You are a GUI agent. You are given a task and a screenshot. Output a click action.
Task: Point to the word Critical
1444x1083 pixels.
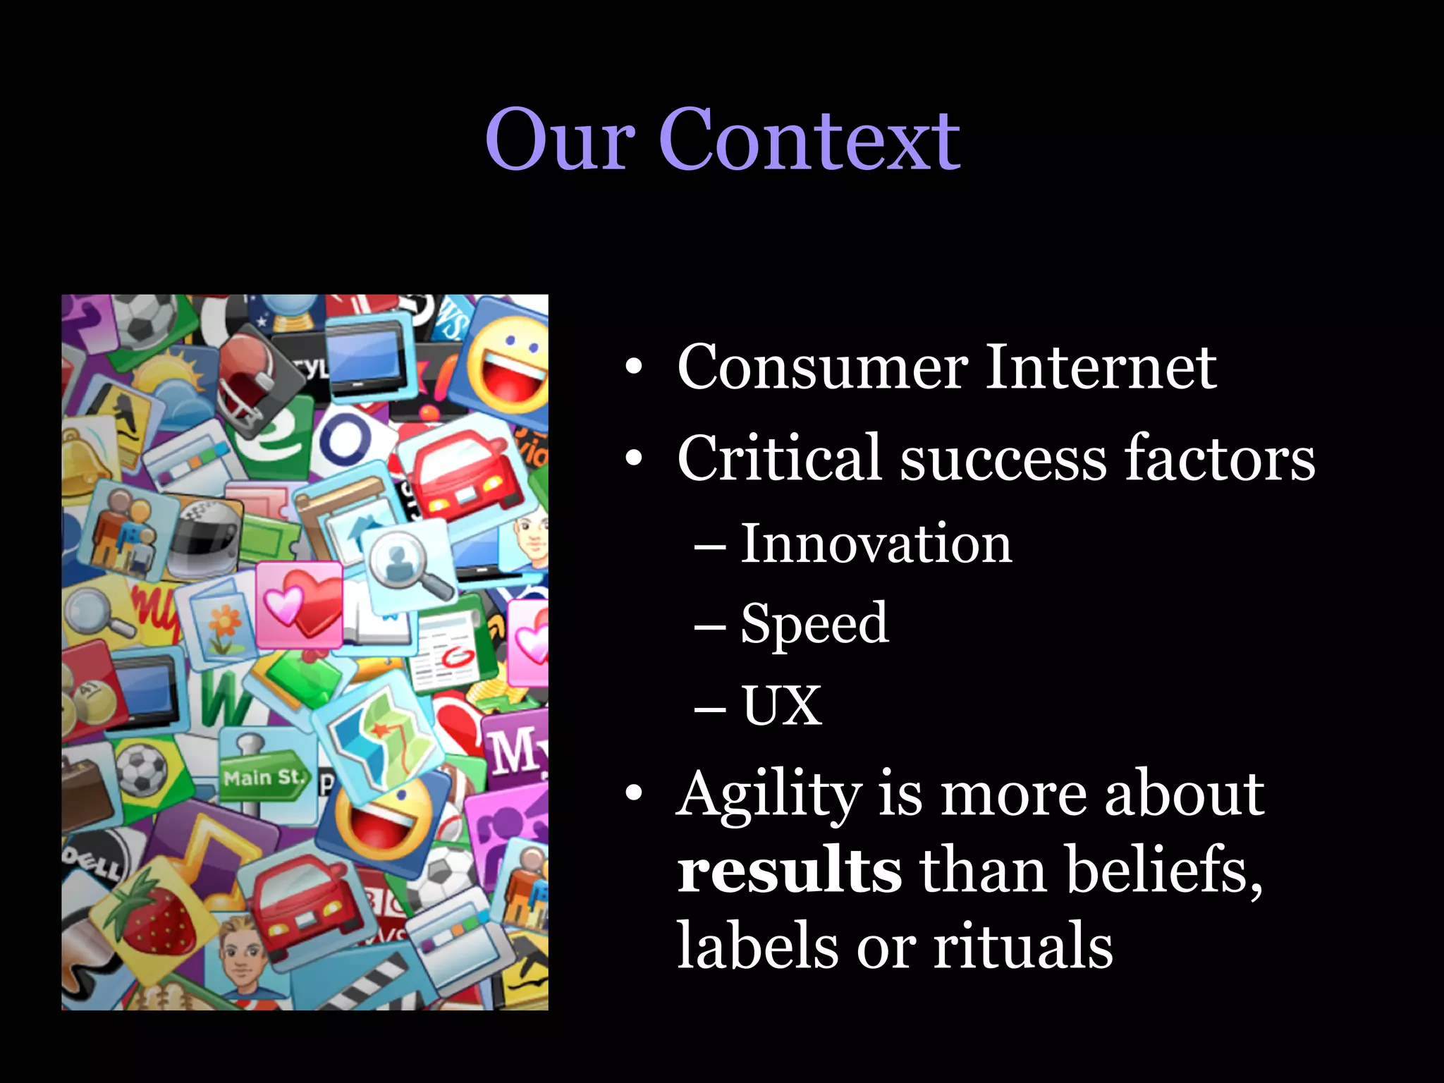point(779,458)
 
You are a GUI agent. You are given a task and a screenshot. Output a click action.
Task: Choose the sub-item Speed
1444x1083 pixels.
point(814,623)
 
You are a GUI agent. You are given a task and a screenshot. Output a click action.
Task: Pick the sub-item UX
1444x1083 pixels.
point(781,705)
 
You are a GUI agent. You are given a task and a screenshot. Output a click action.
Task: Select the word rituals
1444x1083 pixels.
point(1023,946)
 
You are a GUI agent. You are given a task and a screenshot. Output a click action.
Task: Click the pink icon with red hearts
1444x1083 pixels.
point(299,604)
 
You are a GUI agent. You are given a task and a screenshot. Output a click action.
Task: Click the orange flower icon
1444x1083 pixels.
point(224,624)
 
